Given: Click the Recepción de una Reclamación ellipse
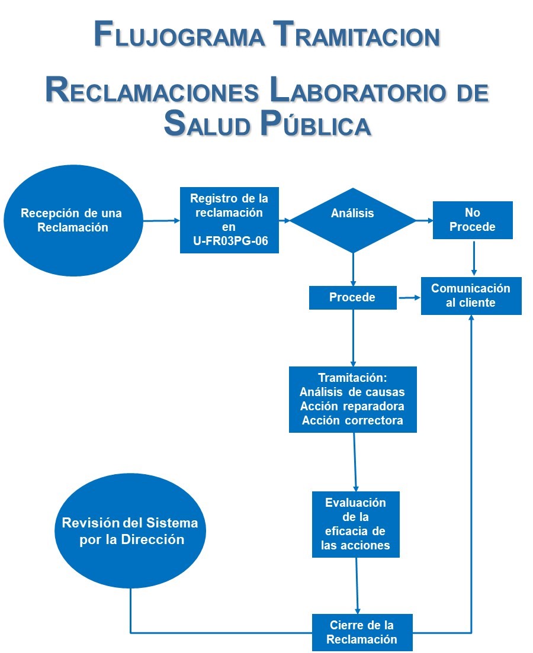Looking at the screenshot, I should [x=73, y=220].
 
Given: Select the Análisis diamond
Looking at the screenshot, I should [x=353, y=220].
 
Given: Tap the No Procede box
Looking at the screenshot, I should [x=472, y=220].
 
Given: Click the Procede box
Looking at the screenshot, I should [x=352, y=298].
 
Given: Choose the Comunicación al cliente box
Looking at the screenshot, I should [x=471, y=296].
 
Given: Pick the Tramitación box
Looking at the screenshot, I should [x=352, y=399].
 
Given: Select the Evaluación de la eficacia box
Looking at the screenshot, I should [x=355, y=524].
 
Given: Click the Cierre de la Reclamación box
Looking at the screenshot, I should [x=361, y=632].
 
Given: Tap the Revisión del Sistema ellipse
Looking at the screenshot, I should [x=130, y=531].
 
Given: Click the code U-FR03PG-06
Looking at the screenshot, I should [x=229, y=242].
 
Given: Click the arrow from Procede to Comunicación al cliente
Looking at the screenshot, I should [x=408, y=298].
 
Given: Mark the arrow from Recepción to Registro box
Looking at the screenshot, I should [x=162, y=220].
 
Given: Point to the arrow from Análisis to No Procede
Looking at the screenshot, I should [x=425, y=220].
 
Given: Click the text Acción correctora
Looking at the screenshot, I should [x=352, y=421].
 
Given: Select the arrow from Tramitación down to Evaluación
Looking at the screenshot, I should [x=355, y=462].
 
